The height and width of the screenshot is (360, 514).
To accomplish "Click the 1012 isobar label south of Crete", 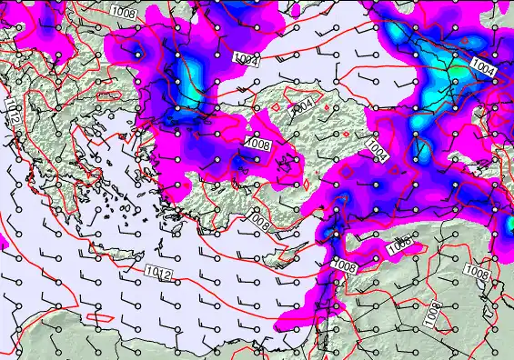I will tap(155, 270).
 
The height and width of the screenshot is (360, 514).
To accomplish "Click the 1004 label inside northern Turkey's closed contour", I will tap(303, 105).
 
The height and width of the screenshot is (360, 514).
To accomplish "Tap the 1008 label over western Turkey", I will tap(259, 145).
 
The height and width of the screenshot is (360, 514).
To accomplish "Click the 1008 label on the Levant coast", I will tap(345, 265).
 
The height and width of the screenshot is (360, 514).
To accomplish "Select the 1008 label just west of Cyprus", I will tap(258, 218).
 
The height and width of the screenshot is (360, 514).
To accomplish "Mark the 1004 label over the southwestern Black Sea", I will tap(246, 60).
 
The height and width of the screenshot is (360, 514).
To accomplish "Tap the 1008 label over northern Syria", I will tap(399, 245).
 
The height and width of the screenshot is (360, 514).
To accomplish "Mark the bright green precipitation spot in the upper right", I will tap(453, 71).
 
